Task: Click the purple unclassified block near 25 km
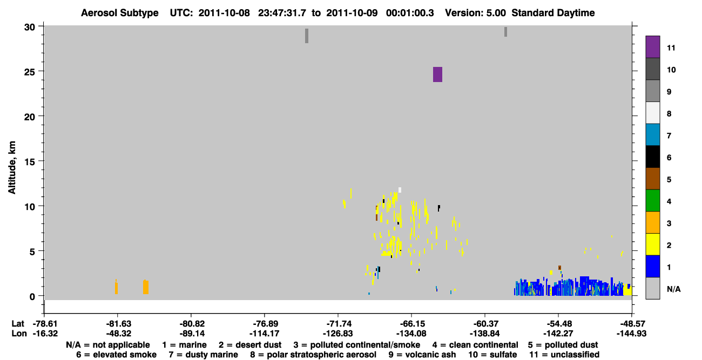[437, 74]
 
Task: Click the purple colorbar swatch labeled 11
[652, 47]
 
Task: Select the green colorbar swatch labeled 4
[652, 201]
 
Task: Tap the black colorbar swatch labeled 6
[652, 157]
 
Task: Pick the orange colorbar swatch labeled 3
[652, 222]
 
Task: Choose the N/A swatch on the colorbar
[652, 288]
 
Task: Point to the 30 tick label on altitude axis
[30, 28]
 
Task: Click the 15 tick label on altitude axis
[30, 161]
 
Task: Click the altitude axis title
[11, 168]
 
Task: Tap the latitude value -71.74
[339, 324]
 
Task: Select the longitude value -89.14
[192, 334]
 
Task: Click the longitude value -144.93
[631, 334]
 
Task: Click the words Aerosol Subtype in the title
[120, 13]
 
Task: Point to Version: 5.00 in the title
[475, 13]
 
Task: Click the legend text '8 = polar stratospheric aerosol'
[313, 355]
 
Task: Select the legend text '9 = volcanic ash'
[422, 355]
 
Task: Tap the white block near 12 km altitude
[400, 190]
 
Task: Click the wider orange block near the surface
[146, 287]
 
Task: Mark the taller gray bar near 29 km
[307, 36]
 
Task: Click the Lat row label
[18, 324]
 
